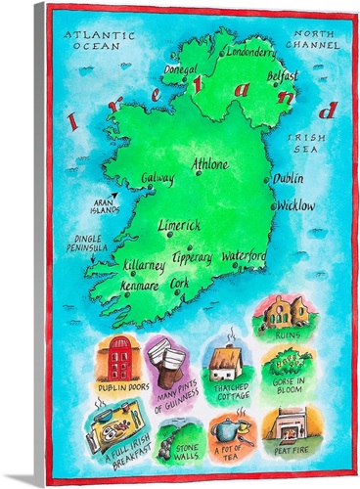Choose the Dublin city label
[288, 180]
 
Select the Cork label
[179, 282]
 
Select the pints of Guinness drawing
[175, 356]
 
